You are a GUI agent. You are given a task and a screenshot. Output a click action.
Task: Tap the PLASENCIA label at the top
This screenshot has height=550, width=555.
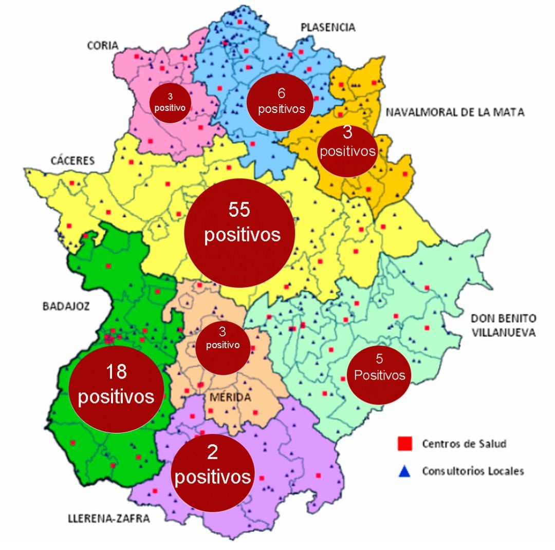[x=328, y=27]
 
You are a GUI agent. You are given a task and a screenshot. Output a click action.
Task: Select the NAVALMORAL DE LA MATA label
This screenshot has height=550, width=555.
[x=455, y=112]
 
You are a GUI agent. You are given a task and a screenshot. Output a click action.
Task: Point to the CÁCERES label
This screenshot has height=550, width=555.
[x=72, y=161]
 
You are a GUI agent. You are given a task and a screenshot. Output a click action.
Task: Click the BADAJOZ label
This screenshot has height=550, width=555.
[x=66, y=307]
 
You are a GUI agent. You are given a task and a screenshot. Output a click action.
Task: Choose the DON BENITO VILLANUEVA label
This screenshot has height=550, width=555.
[x=503, y=325]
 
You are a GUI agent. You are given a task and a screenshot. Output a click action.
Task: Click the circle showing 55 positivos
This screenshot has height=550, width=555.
[x=239, y=233]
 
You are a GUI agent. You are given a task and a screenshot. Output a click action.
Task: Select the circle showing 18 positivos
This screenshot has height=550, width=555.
[x=116, y=384]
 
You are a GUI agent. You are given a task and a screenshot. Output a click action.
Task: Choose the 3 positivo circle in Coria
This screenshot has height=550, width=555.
[x=170, y=102]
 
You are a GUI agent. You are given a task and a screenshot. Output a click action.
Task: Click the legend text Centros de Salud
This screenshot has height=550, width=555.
[x=464, y=444]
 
